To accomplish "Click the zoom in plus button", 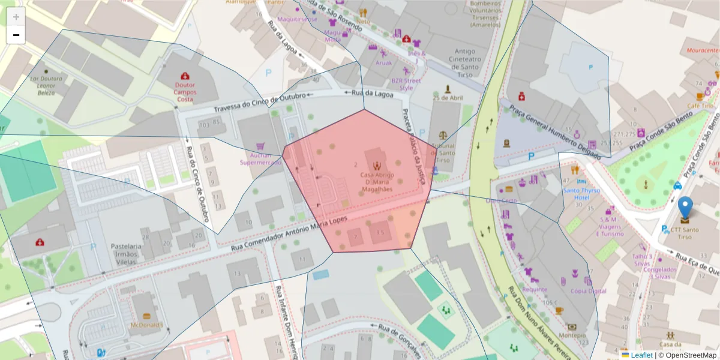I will tap(16, 17).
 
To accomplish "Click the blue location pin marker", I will tap(685, 208).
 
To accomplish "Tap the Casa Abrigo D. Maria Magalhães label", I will tap(377, 181).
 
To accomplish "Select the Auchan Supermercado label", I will tap(260, 158).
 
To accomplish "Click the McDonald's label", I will tap(147, 325).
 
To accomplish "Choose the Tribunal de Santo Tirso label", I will tap(443, 153).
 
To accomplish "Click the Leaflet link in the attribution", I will tap(641, 355).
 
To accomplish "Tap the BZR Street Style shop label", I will tap(406, 84).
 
